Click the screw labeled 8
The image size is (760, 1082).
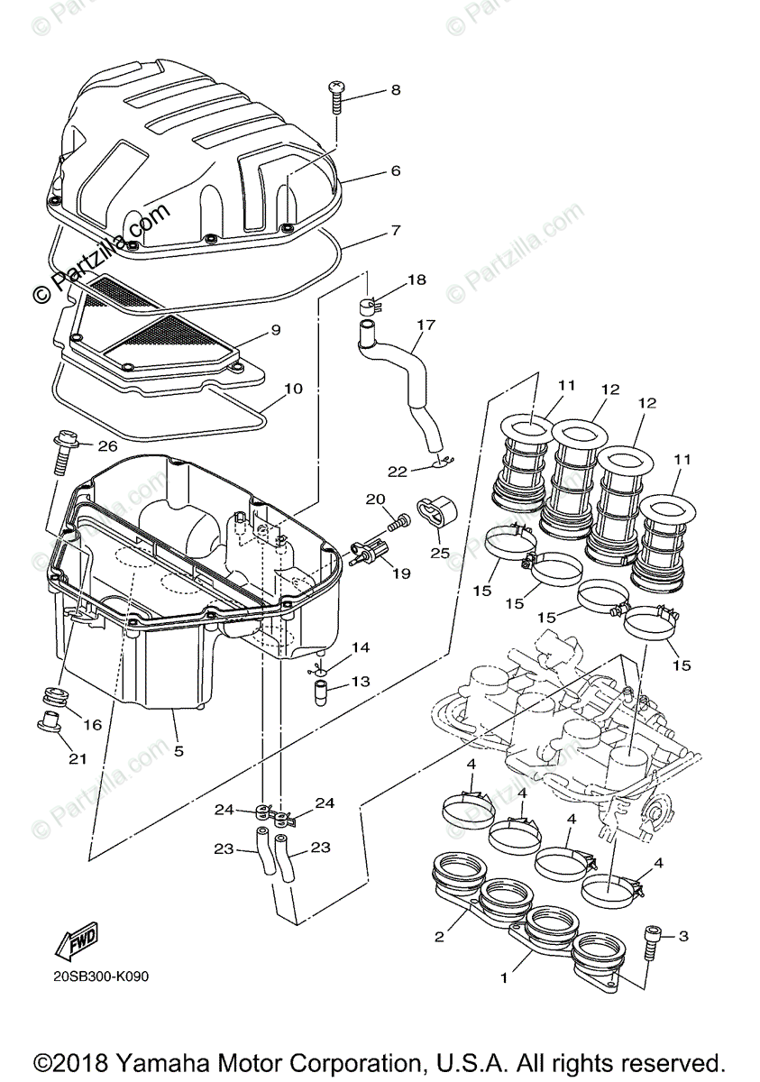pyautogui.click(x=335, y=95)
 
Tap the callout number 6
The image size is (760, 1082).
pyautogui.click(x=395, y=170)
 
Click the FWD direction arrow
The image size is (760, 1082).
pyautogui.click(x=75, y=940)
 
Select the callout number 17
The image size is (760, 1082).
pyautogui.click(x=426, y=324)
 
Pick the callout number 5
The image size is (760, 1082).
pyautogui.click(x=179, y=749)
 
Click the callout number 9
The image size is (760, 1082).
pyautogui.click(x=275, y=330)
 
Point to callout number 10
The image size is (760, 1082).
pyautogui.click(x=294, y=389)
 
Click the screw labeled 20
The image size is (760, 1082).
pyautogui.click(x=398, y=520)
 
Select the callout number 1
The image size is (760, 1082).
pyautogui.click(x=505, y=977)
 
